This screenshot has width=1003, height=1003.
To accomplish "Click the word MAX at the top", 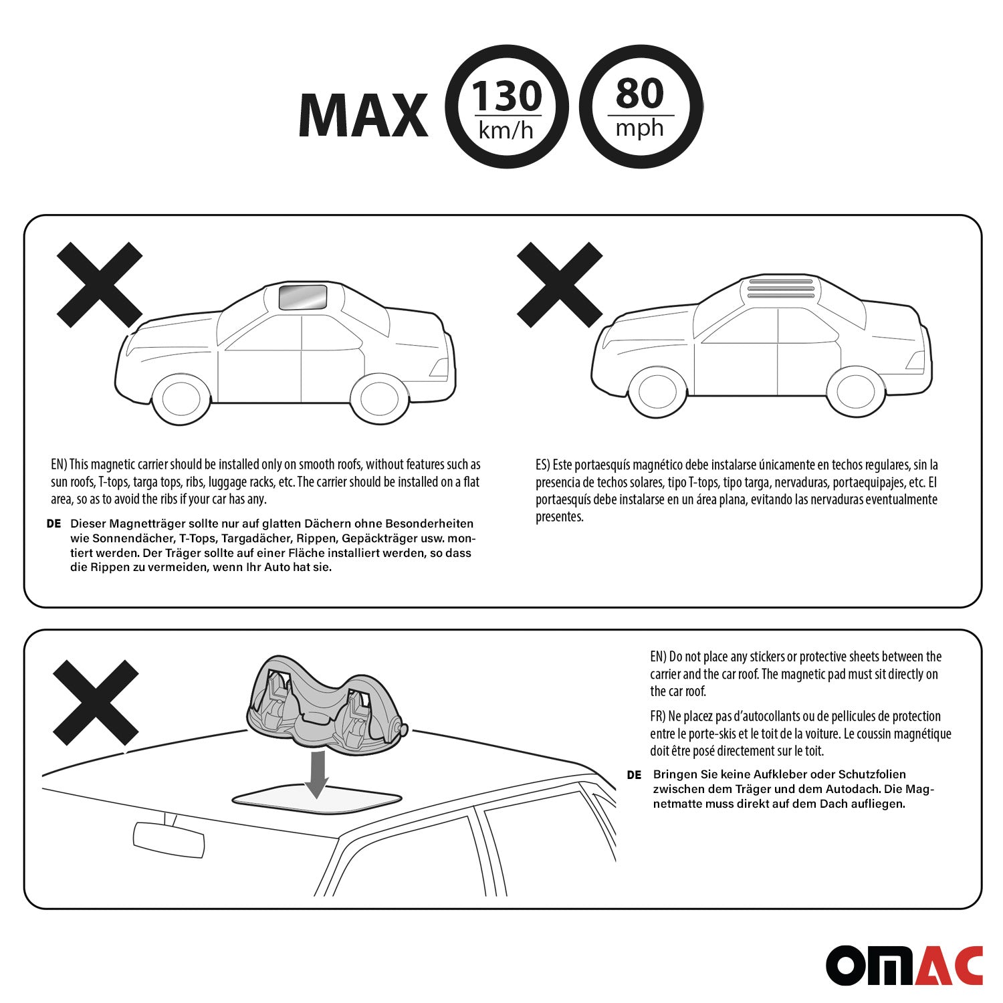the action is [x=363, y=115].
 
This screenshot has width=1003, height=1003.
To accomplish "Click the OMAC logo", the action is [x=904, y=966].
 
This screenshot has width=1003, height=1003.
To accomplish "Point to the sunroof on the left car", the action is [x=303, y=298].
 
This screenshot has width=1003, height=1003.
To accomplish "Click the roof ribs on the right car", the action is [x=781, y=288].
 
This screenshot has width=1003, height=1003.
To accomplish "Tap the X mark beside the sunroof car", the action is [x=100, y=285].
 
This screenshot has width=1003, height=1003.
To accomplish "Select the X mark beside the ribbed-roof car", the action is [x=560, y=285].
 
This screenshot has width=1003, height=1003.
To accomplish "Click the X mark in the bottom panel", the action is [x=96, y=703].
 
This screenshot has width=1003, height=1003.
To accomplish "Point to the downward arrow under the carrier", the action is [x=317, y=774].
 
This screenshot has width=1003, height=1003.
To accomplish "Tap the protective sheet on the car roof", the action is [x=317, y=794].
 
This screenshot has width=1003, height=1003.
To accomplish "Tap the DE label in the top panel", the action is [x=54, y=524].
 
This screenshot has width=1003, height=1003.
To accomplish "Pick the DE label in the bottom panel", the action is [x=634, y=775].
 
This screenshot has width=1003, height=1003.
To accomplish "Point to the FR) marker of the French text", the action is [x=658, y=717].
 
